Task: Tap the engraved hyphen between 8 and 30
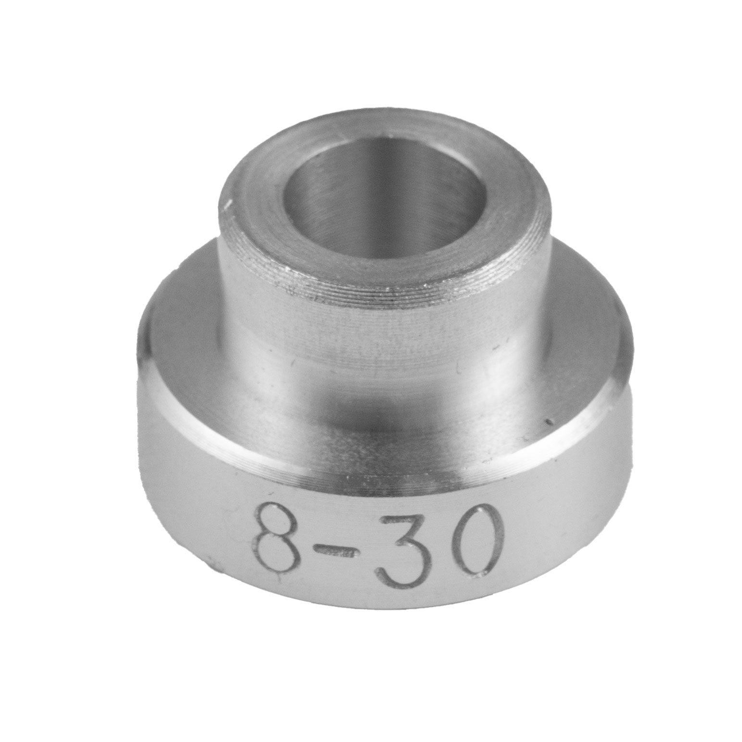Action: (x=337, y=553)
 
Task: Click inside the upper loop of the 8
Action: (x=278, y=521)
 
